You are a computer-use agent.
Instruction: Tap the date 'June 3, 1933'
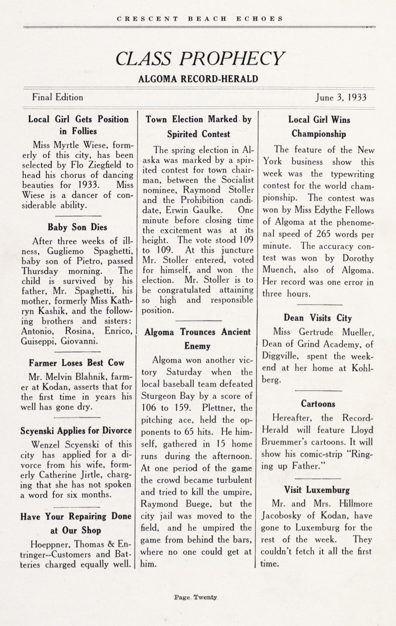click(x=341, y=97)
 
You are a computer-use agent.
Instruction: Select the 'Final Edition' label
click(x=57, y=97)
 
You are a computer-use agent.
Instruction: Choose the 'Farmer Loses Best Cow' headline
click(x=77, y=363)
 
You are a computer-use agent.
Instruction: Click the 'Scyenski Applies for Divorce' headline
click(x=76, y=431)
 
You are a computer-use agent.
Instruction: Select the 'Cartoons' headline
click(x=318, y=404)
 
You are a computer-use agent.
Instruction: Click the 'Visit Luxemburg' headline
click(x=317, y=490)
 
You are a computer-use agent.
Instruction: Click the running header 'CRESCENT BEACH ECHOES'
click(x=200, y=19)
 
